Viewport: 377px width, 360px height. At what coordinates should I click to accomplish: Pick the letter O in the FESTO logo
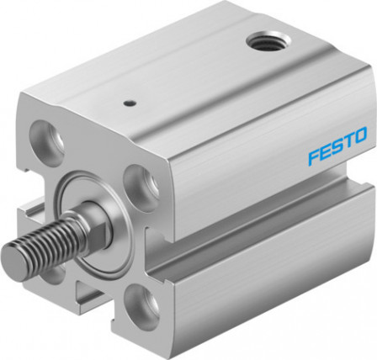(x=360, y=135)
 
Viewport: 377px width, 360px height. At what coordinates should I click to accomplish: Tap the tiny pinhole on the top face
(x=130, y=103)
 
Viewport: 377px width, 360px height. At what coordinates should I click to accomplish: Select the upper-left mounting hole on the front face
(x=47, y=142)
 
